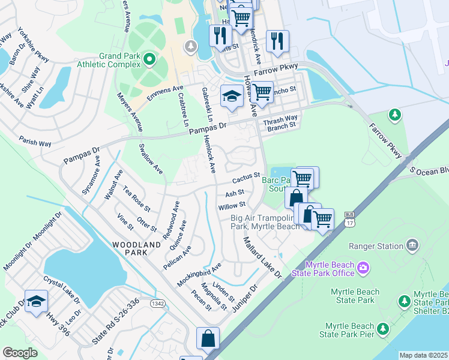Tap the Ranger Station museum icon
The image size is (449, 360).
pyautogui.click(x=412, y=245)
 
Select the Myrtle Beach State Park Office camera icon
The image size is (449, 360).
pyautogui.click(x=363, y=266)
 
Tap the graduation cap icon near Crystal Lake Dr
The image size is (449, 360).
pyautogui.click(x=36, y=300)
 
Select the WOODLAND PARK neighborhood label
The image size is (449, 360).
pyautogui.click(x=137, y=248)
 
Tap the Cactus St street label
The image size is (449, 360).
pyautogui.click(x=246, y=178)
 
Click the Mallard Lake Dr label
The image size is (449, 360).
pyautogui.click(x=262, y=257)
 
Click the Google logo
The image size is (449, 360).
pyautogui.click(x=20, y=353)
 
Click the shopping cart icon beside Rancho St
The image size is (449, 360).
pyautogui.click(x=262, y=92)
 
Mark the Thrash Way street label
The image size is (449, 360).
pyautogui.click(x=280, y=118)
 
